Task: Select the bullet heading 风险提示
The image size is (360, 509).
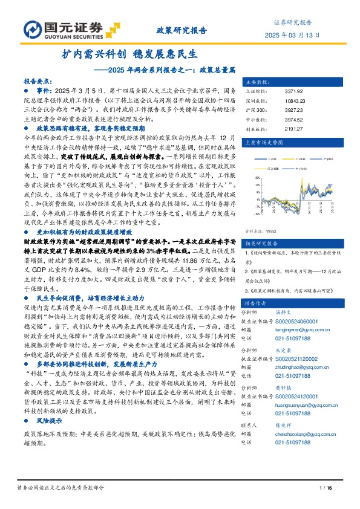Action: coord(50,420)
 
